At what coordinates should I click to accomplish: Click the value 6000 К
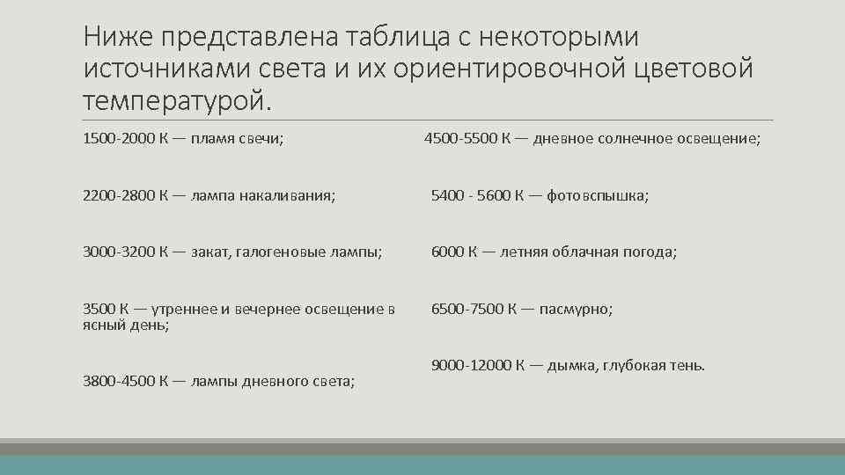pyautogui.click(x=454, y=252)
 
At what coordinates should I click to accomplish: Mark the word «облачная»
pyautogui.click(x=583, y=252)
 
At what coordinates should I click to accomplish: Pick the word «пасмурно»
pyautogui.click(x=576, y=309)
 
